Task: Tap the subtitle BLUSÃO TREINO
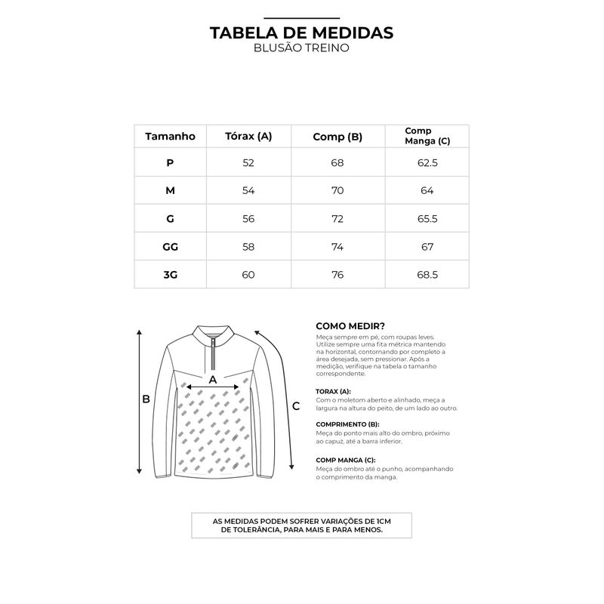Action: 301,48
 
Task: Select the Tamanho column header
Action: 170,137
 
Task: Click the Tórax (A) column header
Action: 248,137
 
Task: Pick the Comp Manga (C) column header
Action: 427,136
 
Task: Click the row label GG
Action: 170,247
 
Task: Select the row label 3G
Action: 170,275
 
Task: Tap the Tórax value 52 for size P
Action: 248,163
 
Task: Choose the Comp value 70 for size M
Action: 337,191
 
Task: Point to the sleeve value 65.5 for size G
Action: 427,219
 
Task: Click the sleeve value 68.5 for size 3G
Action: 427,275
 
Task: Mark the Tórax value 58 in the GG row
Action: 248,247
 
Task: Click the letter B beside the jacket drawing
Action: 146,399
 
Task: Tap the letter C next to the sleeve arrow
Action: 296,406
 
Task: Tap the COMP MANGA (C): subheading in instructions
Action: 345,460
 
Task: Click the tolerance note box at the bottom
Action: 301,525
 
